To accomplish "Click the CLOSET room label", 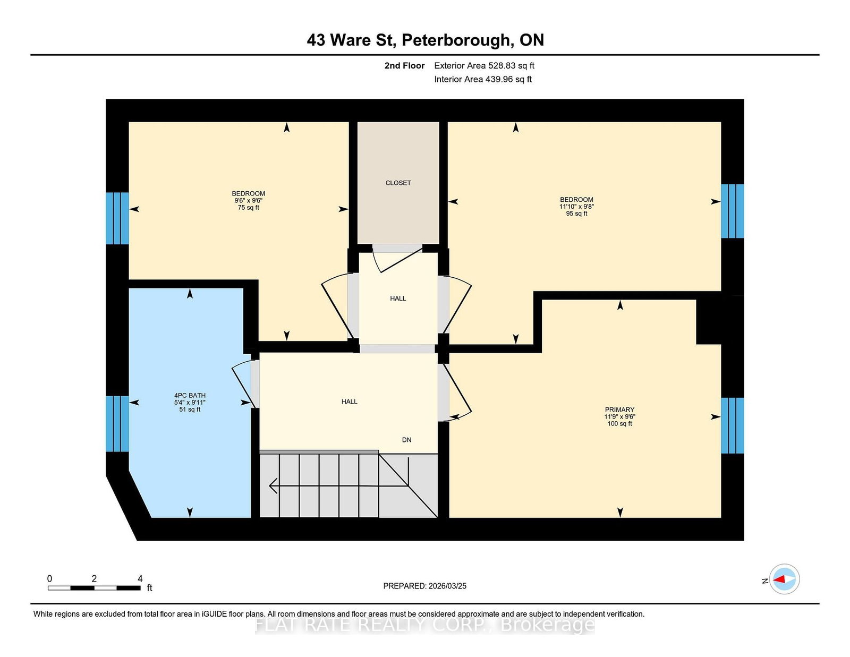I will click(x=398, y=183).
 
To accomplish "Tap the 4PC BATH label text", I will click(x=190, y=396).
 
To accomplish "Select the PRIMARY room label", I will click(x=619, y=409).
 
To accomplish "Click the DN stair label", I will click(x=406, y=440).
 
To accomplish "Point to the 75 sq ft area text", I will click(x=248, y=208).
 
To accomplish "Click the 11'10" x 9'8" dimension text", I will click(x=576, y=207).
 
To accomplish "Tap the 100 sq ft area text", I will click(x=619, y=424).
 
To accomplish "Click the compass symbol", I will click(x=784, y=579).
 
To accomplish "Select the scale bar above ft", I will click(x=94, y=588).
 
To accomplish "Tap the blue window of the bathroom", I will click(x=117, y=423).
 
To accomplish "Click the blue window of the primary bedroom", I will click(x=732, y=425).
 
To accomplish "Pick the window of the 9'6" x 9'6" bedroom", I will click(x=117, y=218).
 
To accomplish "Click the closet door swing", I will click(x=396, y=259).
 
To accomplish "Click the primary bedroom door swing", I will click(x=458, y=393).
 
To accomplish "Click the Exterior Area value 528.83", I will click(x=501, y=66).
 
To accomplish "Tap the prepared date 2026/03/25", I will click(x=447, y=586).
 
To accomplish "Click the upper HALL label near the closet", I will click(x=398, y=298).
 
